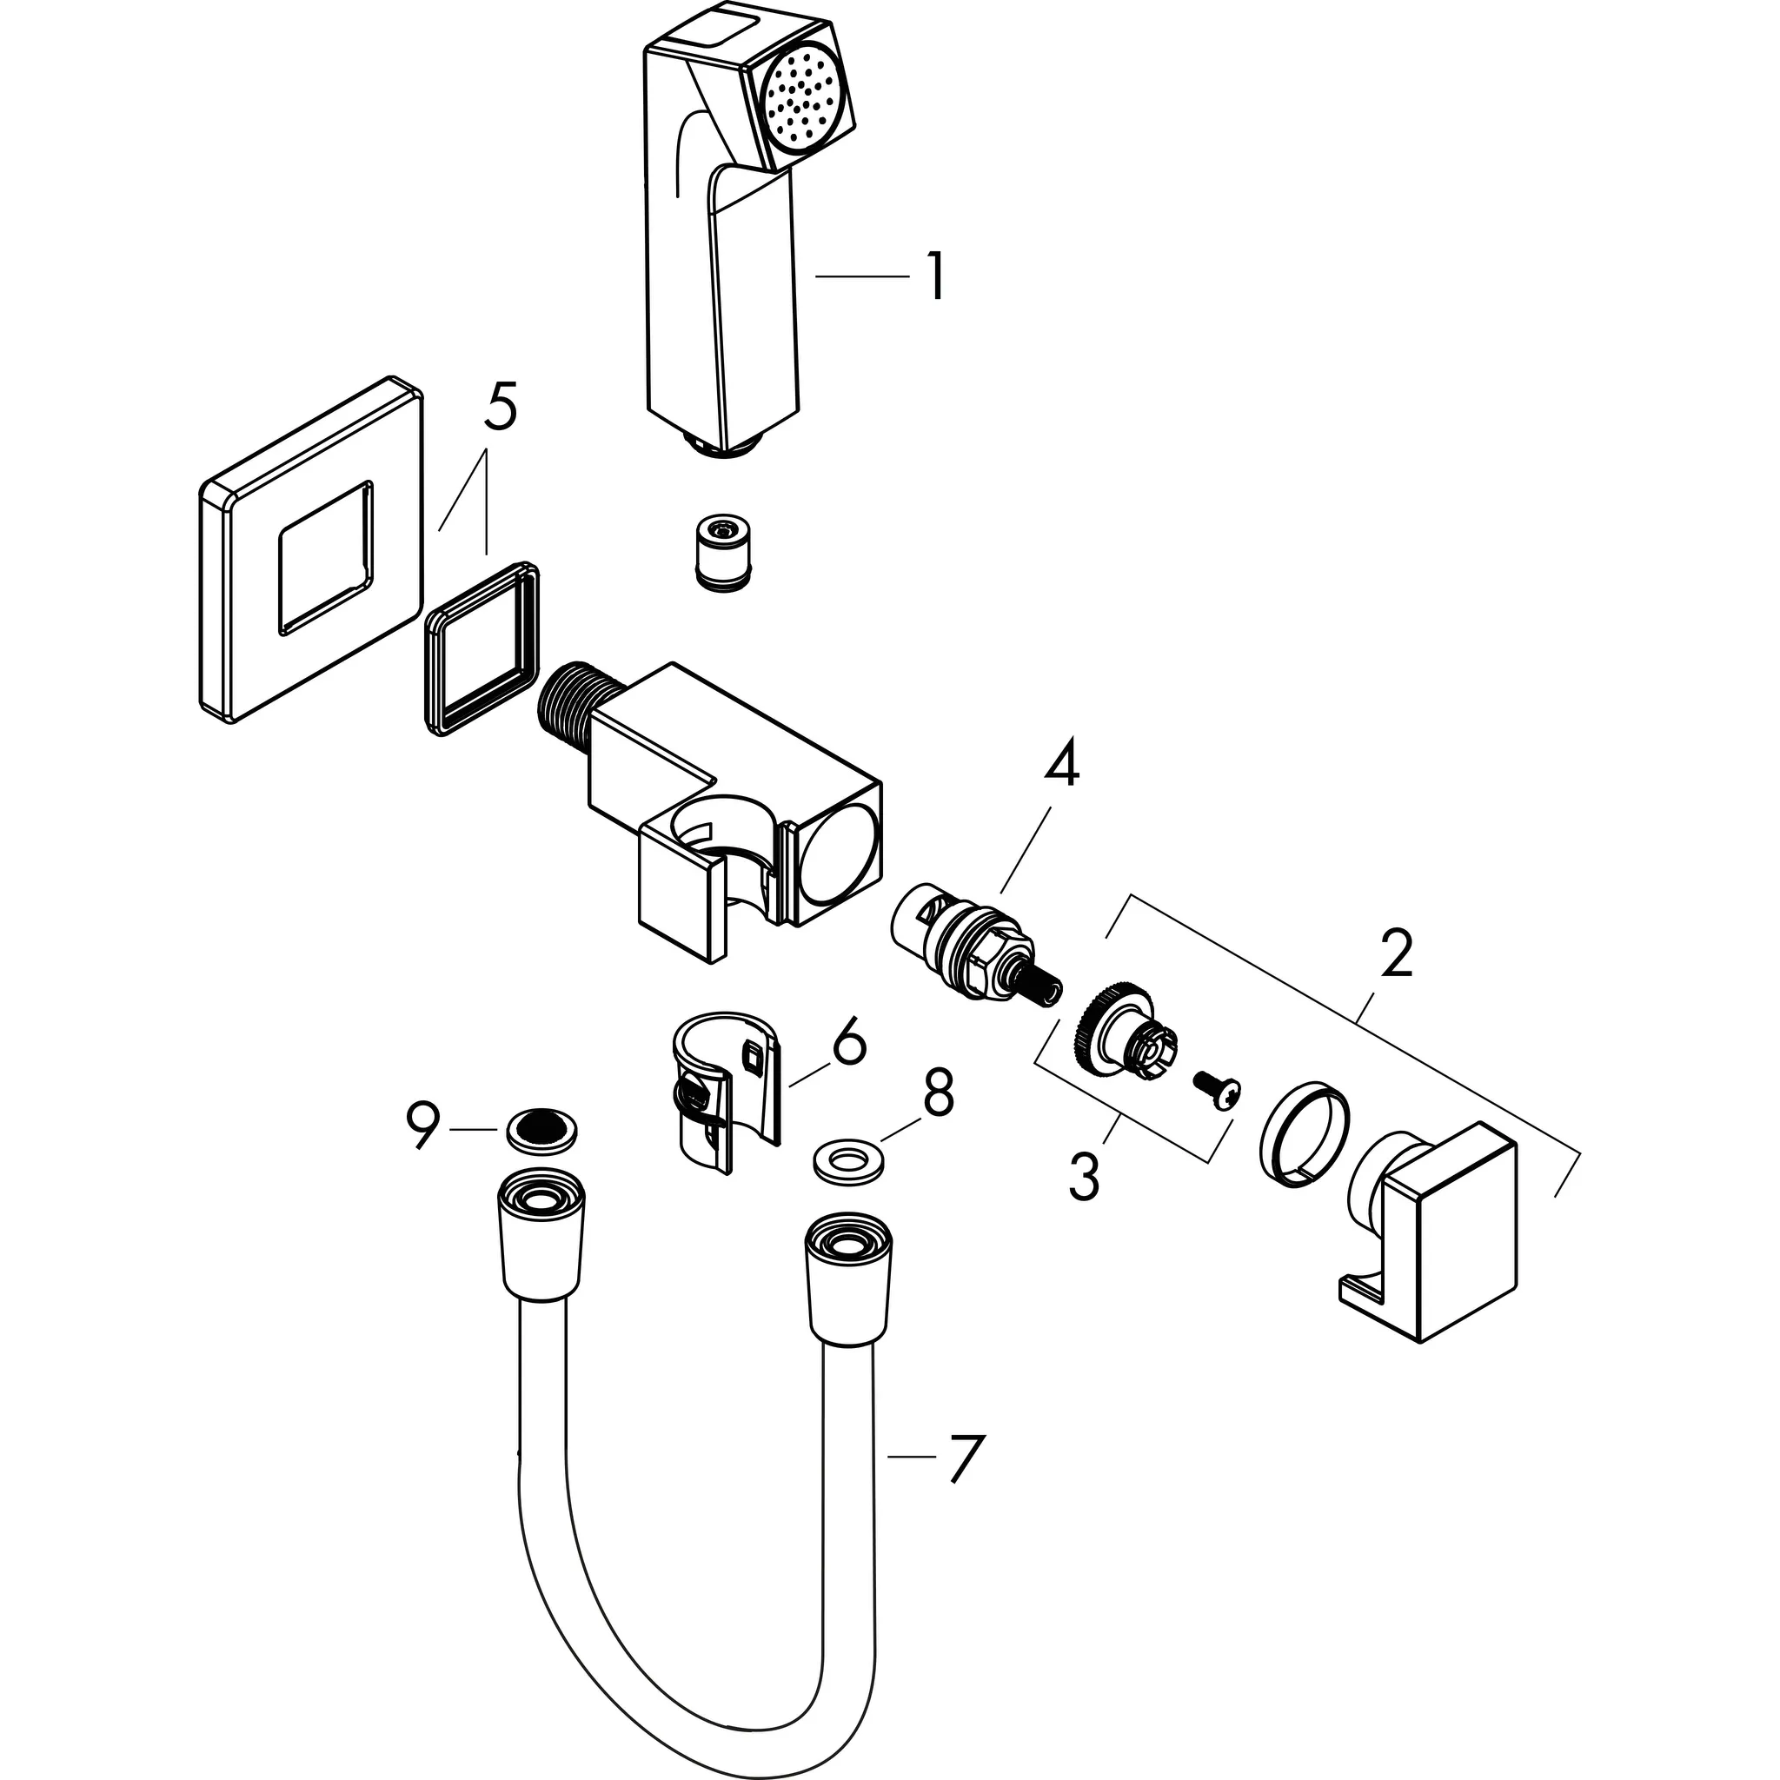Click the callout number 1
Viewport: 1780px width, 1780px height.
point(934,276)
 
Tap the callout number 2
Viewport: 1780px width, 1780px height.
point(1396,955)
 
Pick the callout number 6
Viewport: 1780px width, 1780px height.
point(848,1041)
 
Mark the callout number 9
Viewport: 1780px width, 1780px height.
point(424,1125)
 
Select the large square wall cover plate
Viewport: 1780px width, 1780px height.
point(310,550)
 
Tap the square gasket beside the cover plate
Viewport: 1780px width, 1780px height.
point(482,648)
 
